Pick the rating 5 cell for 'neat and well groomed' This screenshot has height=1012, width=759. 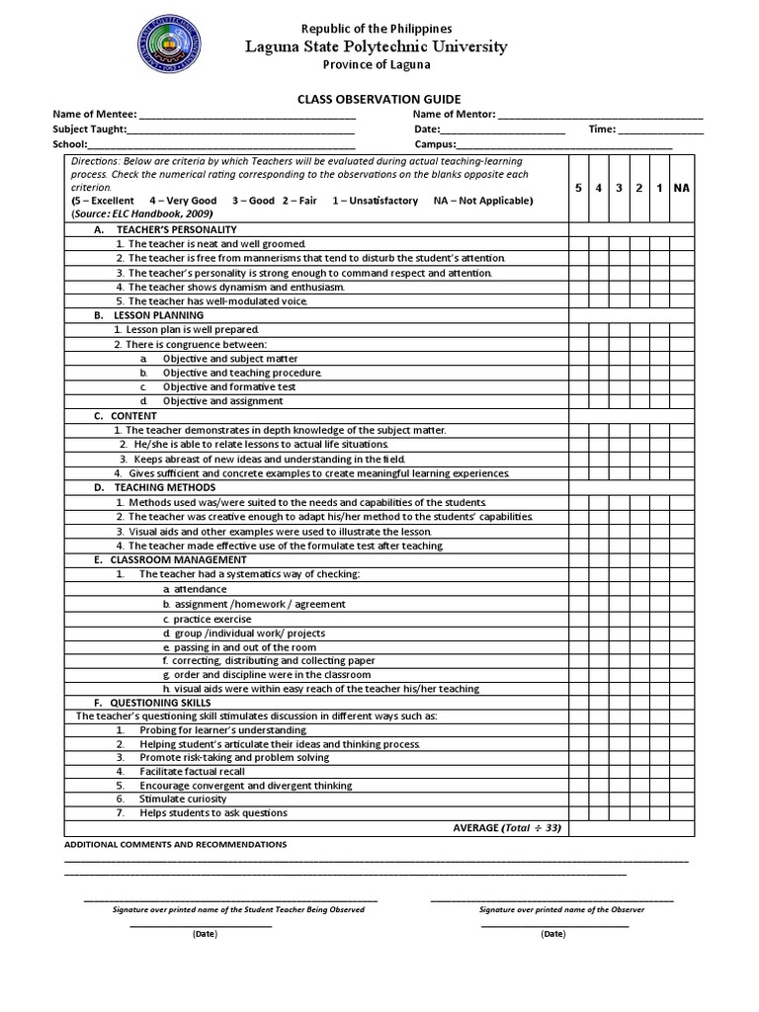[579, 243]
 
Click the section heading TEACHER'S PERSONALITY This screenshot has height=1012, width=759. [158, 229]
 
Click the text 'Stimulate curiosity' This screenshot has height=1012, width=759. [183, 799]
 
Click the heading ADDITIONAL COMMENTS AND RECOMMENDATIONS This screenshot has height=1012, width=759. [175, 845]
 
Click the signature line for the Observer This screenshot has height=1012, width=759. [552, 899]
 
